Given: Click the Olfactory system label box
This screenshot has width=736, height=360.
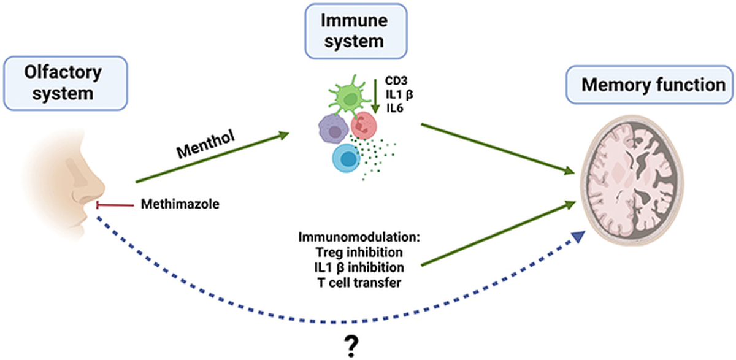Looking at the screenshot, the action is click(66, 83).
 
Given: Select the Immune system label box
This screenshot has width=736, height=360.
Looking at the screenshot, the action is click(356, 31).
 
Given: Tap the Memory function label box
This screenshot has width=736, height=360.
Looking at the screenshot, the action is click(650, 85).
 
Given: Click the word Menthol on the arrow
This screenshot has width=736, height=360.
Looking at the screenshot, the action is click(205, 144).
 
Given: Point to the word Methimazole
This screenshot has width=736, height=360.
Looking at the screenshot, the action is click(180, 204).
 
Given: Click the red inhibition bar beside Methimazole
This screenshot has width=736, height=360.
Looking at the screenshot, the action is click(115, 205).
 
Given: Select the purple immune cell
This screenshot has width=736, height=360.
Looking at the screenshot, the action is click(333, 129).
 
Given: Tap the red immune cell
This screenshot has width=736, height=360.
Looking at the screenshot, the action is click(364, 126).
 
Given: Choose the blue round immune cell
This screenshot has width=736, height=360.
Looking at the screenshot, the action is click(347, 158).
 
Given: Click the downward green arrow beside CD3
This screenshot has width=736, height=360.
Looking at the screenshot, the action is click(375, 96).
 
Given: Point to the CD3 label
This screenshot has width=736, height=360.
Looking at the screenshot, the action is click(396, 80).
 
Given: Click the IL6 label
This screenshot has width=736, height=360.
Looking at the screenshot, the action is click(394, 108).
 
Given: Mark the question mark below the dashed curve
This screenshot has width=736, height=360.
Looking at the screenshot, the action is click(351, 347).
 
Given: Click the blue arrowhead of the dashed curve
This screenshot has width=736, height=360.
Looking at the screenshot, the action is click(579, 237).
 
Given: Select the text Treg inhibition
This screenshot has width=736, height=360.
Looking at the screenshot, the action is click(359, 252).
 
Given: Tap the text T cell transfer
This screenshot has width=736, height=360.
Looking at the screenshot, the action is click(359, 283).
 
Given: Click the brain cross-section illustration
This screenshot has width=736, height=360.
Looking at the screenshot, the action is click(632, 180).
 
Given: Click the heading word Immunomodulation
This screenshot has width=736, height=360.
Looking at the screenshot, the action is click(359, 237).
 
